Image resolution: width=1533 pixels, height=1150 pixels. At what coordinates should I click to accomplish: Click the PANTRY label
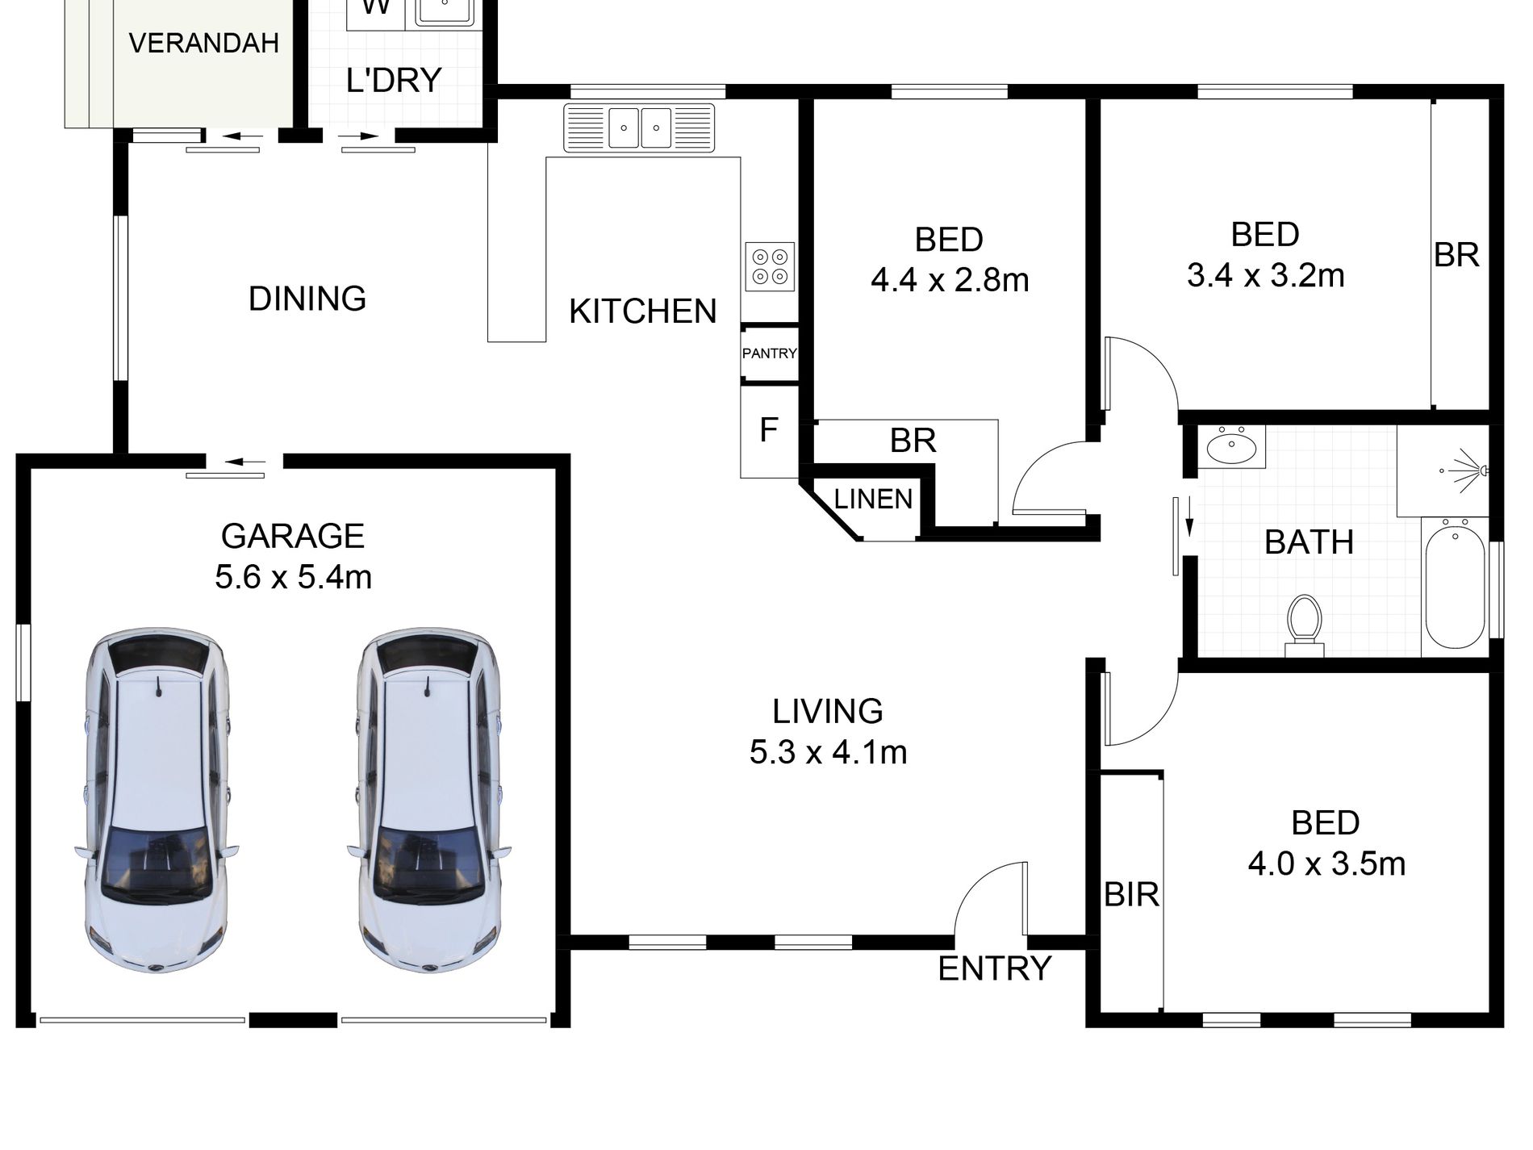tap(769, 353)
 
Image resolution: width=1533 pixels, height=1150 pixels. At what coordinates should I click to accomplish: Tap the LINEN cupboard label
tap(873, 500)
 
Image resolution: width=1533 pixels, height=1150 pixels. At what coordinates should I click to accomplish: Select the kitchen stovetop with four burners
tap(770, 267)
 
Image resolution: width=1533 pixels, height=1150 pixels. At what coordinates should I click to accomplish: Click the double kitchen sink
tap(640, 128)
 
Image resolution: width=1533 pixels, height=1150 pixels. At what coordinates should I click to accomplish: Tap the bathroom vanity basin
tap(1230, 445)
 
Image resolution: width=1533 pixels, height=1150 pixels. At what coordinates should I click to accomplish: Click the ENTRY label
tap(995, 968)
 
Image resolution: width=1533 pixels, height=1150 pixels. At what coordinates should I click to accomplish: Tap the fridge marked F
tap(769, 431)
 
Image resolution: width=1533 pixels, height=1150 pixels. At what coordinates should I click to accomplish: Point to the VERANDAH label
tap(203, 43)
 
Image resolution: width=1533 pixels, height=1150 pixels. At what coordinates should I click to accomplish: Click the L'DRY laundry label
tap(394, 80)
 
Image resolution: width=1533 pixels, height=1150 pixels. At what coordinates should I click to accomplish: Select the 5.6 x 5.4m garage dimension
tap(293, 578)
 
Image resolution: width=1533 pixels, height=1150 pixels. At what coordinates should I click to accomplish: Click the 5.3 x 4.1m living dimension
tap(829, 753)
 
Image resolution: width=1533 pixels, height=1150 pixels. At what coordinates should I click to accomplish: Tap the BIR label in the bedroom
tap(1131, 894)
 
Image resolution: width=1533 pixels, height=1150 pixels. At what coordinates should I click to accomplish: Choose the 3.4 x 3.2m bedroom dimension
tap(1266, 276)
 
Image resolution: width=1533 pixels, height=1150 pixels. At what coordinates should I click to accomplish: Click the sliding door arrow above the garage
tap(245, 462)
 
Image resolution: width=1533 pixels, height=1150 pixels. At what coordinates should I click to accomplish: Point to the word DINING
tap(307, 299)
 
